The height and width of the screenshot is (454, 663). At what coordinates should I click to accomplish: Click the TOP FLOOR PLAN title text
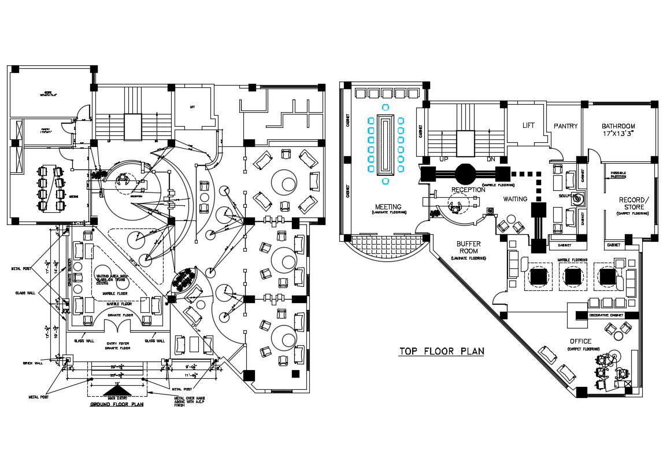(442, 351)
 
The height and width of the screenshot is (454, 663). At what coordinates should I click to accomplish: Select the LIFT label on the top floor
(528, 126)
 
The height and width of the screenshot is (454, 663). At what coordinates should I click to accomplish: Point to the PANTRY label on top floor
(565, 126)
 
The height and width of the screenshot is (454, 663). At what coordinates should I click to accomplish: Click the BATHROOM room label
(618, 126)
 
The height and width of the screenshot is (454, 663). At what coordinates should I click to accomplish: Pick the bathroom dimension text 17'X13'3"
(618, 134)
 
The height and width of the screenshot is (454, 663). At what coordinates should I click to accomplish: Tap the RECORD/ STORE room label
(634, 204)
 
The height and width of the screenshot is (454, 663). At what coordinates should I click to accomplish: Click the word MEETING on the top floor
(388, 206)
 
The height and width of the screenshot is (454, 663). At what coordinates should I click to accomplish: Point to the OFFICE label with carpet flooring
(580, 341)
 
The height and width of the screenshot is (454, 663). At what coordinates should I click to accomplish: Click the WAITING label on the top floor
(515, 199)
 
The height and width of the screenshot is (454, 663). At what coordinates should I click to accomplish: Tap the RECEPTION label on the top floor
(468, 190)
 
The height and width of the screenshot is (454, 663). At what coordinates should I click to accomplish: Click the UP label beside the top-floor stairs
(443, 158)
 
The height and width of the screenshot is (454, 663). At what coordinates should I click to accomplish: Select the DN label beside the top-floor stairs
(492, 158)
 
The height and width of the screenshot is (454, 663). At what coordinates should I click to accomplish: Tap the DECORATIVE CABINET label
(606, 315)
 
